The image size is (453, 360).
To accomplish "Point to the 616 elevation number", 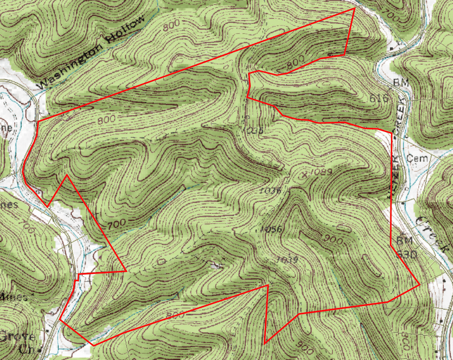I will click(x=379, y=98).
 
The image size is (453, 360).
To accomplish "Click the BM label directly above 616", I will click(x=400, y=82).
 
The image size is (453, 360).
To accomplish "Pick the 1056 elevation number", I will click(x=271, y=229).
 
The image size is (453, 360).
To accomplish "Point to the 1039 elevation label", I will click(x=287, y=259).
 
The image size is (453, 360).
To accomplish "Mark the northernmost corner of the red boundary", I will click(x=355, y=8).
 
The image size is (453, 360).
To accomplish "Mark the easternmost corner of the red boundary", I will click(x=419, y=284).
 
